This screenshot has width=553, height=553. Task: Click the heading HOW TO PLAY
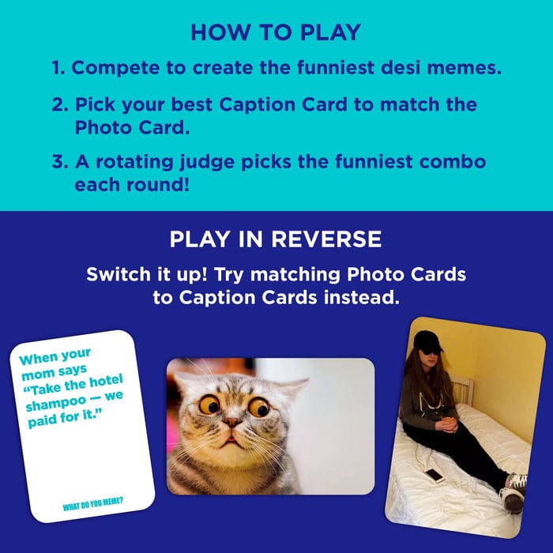click(x=276, y=32)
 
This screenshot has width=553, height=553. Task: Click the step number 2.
click(x=59, y=105)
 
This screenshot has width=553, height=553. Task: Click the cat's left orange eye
click(x=209, y=404)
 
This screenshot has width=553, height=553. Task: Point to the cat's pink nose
click(x=231, y=422)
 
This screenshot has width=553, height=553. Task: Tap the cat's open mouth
click(x=230, y=439)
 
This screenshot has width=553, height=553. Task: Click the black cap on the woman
click(x=427, y=340)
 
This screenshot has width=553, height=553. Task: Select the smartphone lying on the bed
click(x=434, y=476)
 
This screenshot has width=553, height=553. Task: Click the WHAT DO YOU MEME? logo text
click(x=93, y=504)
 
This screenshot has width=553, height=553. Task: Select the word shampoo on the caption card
click(x=56, y=403)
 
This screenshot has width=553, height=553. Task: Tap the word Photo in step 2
click(x=103, y=127)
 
